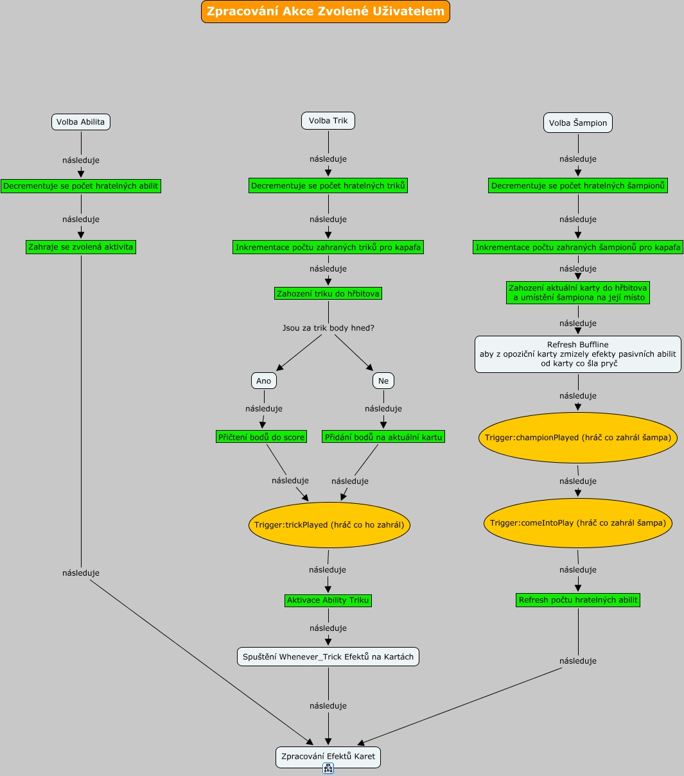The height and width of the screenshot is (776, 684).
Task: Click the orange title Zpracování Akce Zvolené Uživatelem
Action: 325,12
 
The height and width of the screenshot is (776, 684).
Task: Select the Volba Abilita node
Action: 81,122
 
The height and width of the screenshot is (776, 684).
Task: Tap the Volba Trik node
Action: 328,121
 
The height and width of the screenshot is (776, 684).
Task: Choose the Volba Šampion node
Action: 578,123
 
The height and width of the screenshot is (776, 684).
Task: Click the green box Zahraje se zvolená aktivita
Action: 81,247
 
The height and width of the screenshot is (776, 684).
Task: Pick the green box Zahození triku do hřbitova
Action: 328,293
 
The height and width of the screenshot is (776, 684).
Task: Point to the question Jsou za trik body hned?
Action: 328,328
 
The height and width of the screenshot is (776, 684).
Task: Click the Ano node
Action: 264,381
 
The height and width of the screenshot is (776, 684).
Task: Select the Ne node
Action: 383,381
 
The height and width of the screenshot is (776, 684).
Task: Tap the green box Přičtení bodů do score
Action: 261,437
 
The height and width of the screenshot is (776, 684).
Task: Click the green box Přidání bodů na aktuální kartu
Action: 383,437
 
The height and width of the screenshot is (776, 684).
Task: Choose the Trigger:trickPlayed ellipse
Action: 329,525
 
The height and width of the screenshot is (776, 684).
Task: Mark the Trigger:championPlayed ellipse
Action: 578,438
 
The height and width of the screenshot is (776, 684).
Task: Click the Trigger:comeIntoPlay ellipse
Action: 578,523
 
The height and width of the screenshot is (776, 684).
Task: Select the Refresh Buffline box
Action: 578,354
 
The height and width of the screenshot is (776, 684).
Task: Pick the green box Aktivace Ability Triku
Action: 328,601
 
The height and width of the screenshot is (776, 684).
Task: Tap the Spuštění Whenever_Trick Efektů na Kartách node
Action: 328,657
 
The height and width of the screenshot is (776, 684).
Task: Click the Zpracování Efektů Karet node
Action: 328,757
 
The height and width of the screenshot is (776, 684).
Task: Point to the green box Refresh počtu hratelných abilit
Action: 578,600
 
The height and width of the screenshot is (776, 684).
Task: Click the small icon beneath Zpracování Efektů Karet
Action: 328,768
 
